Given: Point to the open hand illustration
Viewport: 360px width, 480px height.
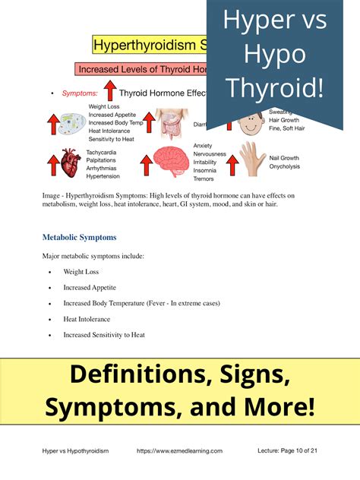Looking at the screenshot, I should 252,159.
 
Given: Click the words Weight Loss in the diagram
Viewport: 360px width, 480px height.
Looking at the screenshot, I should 103,106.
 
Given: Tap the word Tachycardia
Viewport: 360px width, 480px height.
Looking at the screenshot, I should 103,152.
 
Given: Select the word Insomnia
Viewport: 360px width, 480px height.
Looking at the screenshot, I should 205,172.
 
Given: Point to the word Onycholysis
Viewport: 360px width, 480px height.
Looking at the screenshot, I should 285,166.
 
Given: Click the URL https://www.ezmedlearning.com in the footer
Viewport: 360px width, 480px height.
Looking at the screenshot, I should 179,451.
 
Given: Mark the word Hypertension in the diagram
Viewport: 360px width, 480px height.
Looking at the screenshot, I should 103,176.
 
